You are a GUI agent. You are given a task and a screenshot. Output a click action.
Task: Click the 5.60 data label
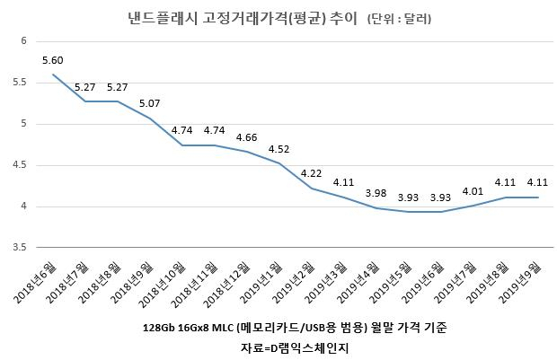[x=53, y=60]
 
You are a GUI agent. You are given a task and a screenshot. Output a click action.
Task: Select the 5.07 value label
[x=149, y=103]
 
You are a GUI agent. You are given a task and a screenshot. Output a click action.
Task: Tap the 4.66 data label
[x=246, y=137]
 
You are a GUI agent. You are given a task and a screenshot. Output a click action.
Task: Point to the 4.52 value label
[x=278, y=149]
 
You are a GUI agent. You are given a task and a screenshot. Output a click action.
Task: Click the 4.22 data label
[x=311, y=173]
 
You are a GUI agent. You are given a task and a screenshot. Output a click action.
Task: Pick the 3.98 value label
[x=376, y=194]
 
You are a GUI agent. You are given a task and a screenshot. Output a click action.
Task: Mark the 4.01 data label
[x=473, y=192]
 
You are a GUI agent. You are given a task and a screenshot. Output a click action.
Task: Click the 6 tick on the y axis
[x=23, y=40]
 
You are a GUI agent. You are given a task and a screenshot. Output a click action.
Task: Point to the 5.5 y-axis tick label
[x=20, y=83]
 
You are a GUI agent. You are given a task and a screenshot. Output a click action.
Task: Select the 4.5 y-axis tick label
[x=20, y=165]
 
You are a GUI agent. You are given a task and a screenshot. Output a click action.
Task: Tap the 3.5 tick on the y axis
[x=20, y=247]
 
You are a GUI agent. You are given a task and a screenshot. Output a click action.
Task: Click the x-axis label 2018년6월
[x=36, y=283]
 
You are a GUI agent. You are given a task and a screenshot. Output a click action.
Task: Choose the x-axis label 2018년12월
[x=227, y=284]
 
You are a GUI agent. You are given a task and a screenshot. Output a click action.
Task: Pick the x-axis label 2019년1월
[x=262, y=283]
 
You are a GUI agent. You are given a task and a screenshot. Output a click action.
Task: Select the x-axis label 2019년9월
[x=521, y=283]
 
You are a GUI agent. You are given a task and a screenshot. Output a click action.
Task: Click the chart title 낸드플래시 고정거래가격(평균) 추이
[x=243, y=18]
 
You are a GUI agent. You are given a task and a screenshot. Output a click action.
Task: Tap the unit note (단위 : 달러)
[x=399, y=19]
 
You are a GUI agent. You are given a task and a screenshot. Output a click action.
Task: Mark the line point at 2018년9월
[x=149, y=119]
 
